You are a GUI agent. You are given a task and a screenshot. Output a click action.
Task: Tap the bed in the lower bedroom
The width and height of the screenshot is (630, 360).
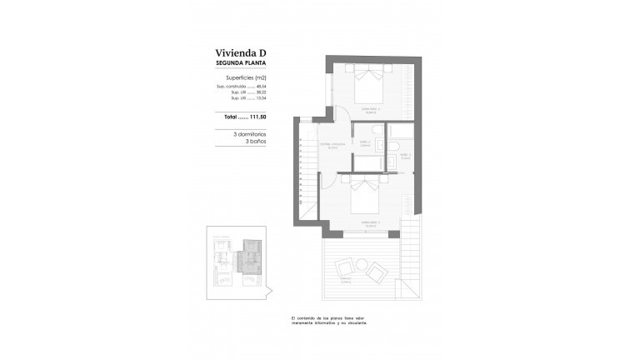pos(365,200)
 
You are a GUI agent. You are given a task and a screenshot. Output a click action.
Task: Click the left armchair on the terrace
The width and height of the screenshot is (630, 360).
pos(343,268)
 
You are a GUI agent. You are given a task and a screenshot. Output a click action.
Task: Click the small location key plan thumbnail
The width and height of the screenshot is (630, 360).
pos(237,260)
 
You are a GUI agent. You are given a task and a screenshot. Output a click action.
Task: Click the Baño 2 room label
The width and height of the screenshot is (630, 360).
pos(364,143)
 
